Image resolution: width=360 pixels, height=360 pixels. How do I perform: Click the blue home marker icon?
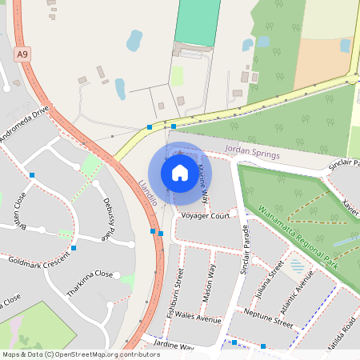coord(180,172)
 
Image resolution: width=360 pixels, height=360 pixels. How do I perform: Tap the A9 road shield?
coord(22,54)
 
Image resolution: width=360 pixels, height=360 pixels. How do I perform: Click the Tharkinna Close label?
coord(90,279)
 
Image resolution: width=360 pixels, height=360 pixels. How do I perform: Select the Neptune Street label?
coord(269,318)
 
